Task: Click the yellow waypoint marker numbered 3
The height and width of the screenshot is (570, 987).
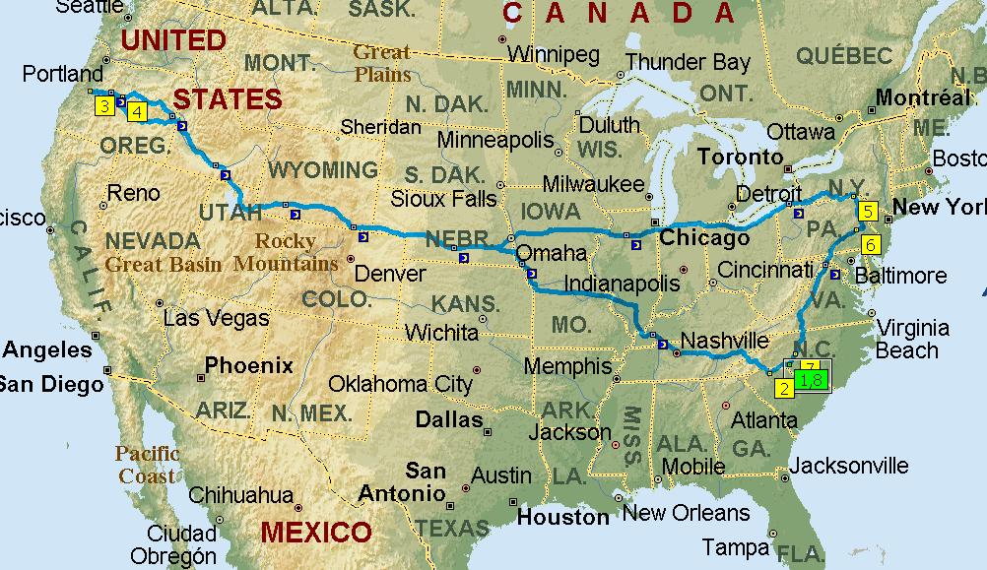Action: [x=102, y=106]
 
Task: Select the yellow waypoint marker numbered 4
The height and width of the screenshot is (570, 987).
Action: [x=136, y=111]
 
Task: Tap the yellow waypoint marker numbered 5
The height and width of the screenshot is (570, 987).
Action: [x=867, y=211]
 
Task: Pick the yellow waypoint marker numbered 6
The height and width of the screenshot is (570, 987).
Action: [x=870, y=244]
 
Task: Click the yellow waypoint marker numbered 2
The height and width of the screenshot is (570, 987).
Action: [x=784, y=388]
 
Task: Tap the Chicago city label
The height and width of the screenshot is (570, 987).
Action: [x=704, y=238]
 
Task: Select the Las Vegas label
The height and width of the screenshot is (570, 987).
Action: [x=216, y=318]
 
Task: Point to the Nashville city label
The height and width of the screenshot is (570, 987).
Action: [x=723, y=341]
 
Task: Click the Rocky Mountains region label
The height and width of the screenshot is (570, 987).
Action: [x=286, y=252]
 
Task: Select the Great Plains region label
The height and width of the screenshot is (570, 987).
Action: [x=382, y=63]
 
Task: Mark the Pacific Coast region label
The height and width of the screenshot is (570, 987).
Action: [x=147, y=465]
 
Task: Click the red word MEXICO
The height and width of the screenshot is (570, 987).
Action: [x=316, y=534]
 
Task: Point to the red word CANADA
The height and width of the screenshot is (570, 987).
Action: [x=619, y=13]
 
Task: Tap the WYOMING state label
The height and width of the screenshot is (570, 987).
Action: [x=322, y=169]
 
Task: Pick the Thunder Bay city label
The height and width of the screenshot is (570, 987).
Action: [x=688, y=62]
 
